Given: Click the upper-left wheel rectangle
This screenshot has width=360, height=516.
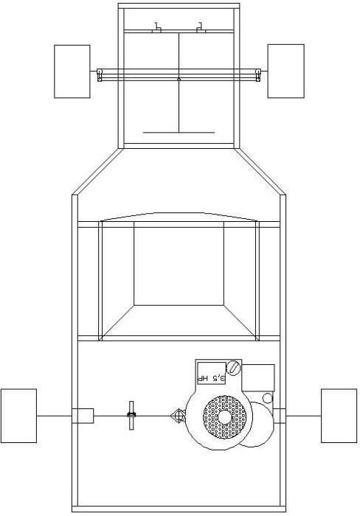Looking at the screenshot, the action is (72, 72).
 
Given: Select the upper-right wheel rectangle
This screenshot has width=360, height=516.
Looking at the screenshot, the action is (286, 71).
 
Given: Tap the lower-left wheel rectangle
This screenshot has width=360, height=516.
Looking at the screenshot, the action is (18, 416).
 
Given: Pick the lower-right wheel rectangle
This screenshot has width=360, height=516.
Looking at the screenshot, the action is (339, 416).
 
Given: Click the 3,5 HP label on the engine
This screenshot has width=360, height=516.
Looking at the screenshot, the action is (212, 378).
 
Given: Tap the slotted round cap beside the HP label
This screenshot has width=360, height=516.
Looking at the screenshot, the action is (234, 368).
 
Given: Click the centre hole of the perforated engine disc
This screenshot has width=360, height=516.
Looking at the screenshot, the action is (224, 418).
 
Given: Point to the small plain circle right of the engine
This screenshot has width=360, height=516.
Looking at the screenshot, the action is (268, 398).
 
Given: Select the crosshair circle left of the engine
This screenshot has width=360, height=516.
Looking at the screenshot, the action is (179, 416).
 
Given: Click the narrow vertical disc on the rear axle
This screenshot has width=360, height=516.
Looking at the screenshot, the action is (131, 415).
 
